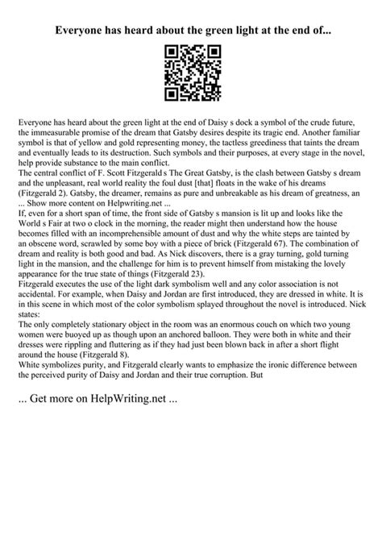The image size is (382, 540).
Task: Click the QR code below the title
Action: tap(191, 73)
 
